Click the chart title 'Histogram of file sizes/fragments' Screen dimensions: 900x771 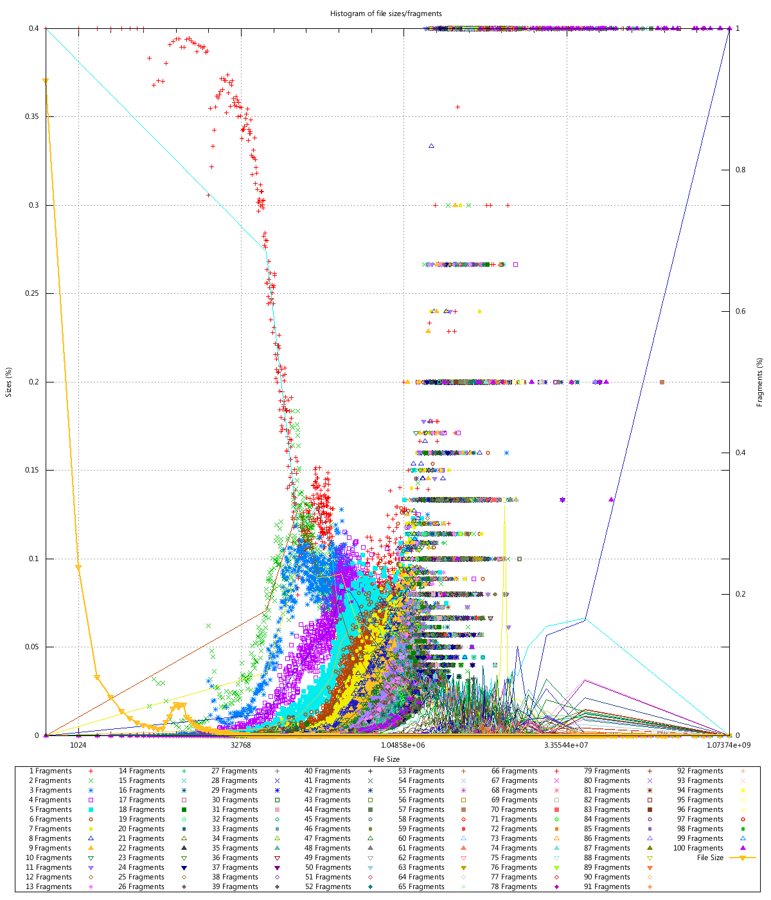(385, 14)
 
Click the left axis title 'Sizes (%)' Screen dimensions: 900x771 (9, 382)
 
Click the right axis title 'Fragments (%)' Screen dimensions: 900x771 (760, 382)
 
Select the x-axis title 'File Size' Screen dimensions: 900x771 (386, 759)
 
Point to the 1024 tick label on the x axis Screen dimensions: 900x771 (78, 746)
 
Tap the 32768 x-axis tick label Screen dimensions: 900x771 (240, 746)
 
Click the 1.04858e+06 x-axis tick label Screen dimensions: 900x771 (403, 746)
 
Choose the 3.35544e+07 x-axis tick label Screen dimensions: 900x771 (566, 746)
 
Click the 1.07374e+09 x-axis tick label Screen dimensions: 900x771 (729, 746)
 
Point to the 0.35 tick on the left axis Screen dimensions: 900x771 (32, 116)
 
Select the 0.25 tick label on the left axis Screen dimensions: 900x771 (32, 293)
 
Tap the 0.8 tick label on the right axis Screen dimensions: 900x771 (741, 170)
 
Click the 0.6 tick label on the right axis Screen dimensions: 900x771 (741, 311)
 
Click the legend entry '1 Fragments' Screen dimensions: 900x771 (51, 771)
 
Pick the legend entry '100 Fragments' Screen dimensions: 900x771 (698, 848)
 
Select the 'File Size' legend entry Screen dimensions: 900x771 (710, 858)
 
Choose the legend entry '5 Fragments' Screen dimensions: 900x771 (51, 809)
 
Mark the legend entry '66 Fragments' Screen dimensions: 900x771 (515, 771)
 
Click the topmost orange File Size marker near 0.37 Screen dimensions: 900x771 (46, 81)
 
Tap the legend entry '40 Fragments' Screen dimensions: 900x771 (328, 771)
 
